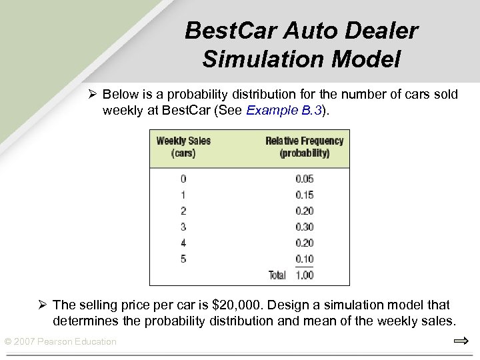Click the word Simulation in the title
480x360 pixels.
point(251,59)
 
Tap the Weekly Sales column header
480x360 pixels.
point(183,147)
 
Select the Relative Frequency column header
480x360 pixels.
point(304,147)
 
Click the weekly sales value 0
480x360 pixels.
point(183,179)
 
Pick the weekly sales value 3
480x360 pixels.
point(183,227)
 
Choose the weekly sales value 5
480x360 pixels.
point(183,259)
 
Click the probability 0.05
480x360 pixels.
point(304,179)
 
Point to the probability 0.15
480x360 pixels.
point(304,195)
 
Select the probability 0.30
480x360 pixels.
point(304,227)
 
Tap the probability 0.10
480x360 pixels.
point(304,259)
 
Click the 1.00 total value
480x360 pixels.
point(304,275)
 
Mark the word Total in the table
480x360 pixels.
point(277,275)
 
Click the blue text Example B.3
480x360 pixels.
point(284,110)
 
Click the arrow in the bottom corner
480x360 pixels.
point(461,341)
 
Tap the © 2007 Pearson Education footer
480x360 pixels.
point(61,342)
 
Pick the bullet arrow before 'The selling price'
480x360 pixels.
point(41,305)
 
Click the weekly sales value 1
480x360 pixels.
point(183,195)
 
